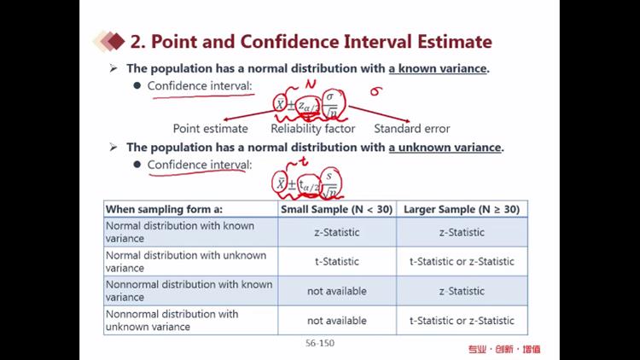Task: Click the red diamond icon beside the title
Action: point(116,41)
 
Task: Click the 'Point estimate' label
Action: point(210,129)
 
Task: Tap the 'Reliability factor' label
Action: point(313,129)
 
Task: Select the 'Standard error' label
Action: point(412,129)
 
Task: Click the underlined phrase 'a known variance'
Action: point(438,68)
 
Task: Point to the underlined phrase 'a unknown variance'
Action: point(445,147)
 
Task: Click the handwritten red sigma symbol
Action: point(375,91)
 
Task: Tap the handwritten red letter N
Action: point(311,84)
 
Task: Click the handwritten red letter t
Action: point(303,161)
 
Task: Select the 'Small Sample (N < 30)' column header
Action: point(337,209)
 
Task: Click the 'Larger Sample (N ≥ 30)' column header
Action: point(462,209)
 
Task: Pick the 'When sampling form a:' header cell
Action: point(164,209)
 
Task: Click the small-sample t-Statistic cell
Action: point(337,262)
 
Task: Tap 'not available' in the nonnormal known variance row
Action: point(337,291)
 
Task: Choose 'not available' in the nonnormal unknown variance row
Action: point(337,321)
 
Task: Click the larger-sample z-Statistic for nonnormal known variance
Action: point(462,291)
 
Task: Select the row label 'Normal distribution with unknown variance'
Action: point(186,262)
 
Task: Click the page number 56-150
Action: point(320,343)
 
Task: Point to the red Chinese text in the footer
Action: point(504,349)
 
